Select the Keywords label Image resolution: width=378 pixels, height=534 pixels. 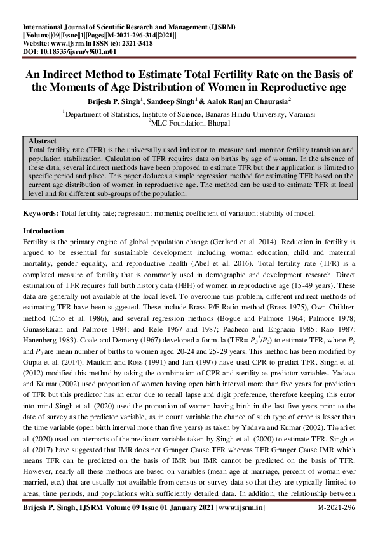point(41,214)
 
